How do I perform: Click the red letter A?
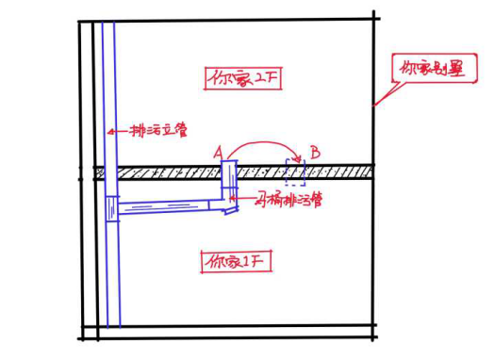pyautogui.click(x=219, y=151)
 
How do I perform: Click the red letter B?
pyautogui.click(x=315, y=151)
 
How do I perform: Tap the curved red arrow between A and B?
pyautogui.click(x=267, y=143)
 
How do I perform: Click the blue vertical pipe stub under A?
pyautogui.click(x=229, y=179)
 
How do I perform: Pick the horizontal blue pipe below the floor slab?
pyautogui.click(x=170, y=206)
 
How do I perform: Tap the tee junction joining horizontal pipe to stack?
pyautogui.click(x=114, y=209)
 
